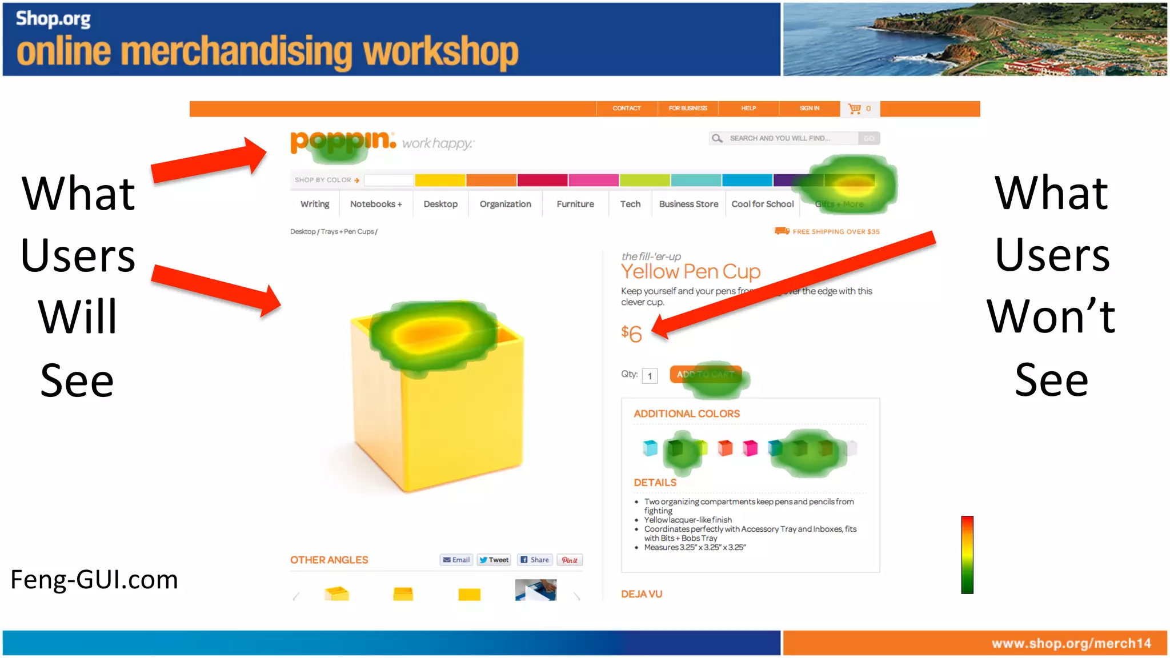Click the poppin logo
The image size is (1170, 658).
(x=342, y=141)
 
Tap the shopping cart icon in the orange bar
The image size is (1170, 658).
(x=854, y=109)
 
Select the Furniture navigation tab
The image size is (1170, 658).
(x=575, y=204)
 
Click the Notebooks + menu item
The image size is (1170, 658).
(x=375, y=204)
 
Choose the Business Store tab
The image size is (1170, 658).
(x=688, y=204)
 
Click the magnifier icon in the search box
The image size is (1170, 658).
(x=717, y=138)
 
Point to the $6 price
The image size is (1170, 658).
(x=631, y=334)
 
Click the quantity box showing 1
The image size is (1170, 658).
(x=650, y=376)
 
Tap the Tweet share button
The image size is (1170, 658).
(x=494, y=560)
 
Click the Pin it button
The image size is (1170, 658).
(x=569, y=560)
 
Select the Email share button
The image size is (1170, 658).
(x=456, y=560)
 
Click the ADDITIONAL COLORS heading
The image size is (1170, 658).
(x=686, y=414)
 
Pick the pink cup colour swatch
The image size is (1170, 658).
(x=750, y=448)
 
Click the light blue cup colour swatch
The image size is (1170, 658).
(x=650, y=448)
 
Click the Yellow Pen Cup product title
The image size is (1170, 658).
(x=690, y=271)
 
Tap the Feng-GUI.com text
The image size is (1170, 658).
(x=94, y=580)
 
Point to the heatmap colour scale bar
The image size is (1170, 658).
(x=967, y=555)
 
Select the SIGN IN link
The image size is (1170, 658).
(x=809, y=109)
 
